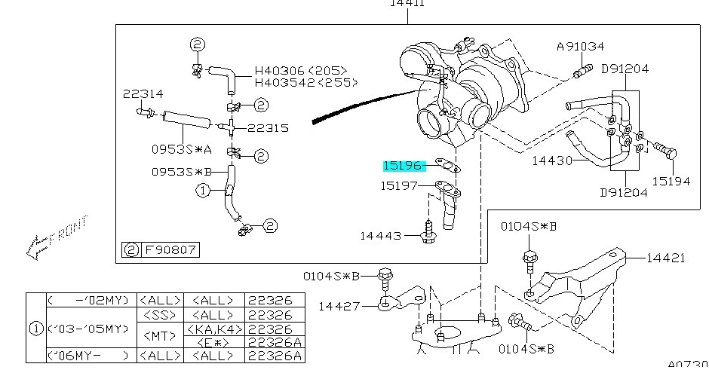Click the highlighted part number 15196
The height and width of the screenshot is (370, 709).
point(404,165)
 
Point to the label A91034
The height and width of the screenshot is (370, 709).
point(581,47)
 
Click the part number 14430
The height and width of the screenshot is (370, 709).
point(552,161)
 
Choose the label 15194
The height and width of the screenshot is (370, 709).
point(671,181)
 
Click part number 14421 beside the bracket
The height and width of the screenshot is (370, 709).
point(665,258)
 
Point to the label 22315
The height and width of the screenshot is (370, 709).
point(267,128)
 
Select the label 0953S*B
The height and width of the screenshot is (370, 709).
point(176,172)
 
